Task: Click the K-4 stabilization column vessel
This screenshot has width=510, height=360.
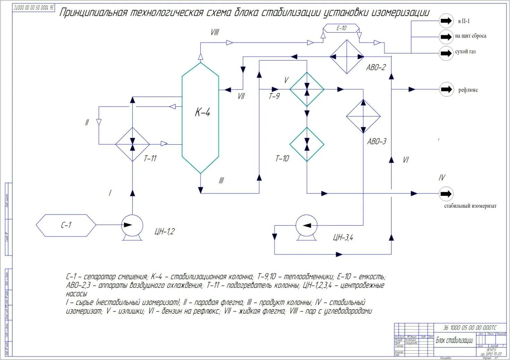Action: click(x=200, y=118)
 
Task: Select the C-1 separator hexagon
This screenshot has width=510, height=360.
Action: click(x=66, y=225)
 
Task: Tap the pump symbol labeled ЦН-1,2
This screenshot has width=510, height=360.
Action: click(x=132, y=225)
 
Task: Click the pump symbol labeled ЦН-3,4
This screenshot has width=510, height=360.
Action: click(x=306, y=226)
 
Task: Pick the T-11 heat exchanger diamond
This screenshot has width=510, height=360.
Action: click(x=132, y=144)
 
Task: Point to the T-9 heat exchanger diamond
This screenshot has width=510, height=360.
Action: click(x=307, y=89)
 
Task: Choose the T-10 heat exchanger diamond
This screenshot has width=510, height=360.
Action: click(x=307, y=144)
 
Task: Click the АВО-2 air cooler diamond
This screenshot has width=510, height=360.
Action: click(x=346, y=56)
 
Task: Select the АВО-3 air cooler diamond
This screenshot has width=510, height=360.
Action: click(x=363, y=116)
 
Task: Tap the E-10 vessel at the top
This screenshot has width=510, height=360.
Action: click(x=341, y=28)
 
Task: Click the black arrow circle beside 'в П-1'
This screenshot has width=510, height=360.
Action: click(x=446, y=21)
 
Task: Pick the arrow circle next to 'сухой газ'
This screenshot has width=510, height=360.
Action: click(x=446, y=53)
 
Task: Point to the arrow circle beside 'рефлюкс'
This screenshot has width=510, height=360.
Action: click(x=446, y=89)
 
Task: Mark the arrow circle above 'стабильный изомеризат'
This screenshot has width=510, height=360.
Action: click(x=446, y=193)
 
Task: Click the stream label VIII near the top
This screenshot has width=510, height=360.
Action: click(x=215, y=32)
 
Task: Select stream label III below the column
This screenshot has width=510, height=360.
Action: click(x=221, y=181)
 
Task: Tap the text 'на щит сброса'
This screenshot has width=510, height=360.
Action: click(x=471, y=36)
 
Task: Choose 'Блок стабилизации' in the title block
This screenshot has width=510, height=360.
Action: click(x=454, y=340)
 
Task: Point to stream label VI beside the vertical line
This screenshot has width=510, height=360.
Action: click(x=406, y=160)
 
